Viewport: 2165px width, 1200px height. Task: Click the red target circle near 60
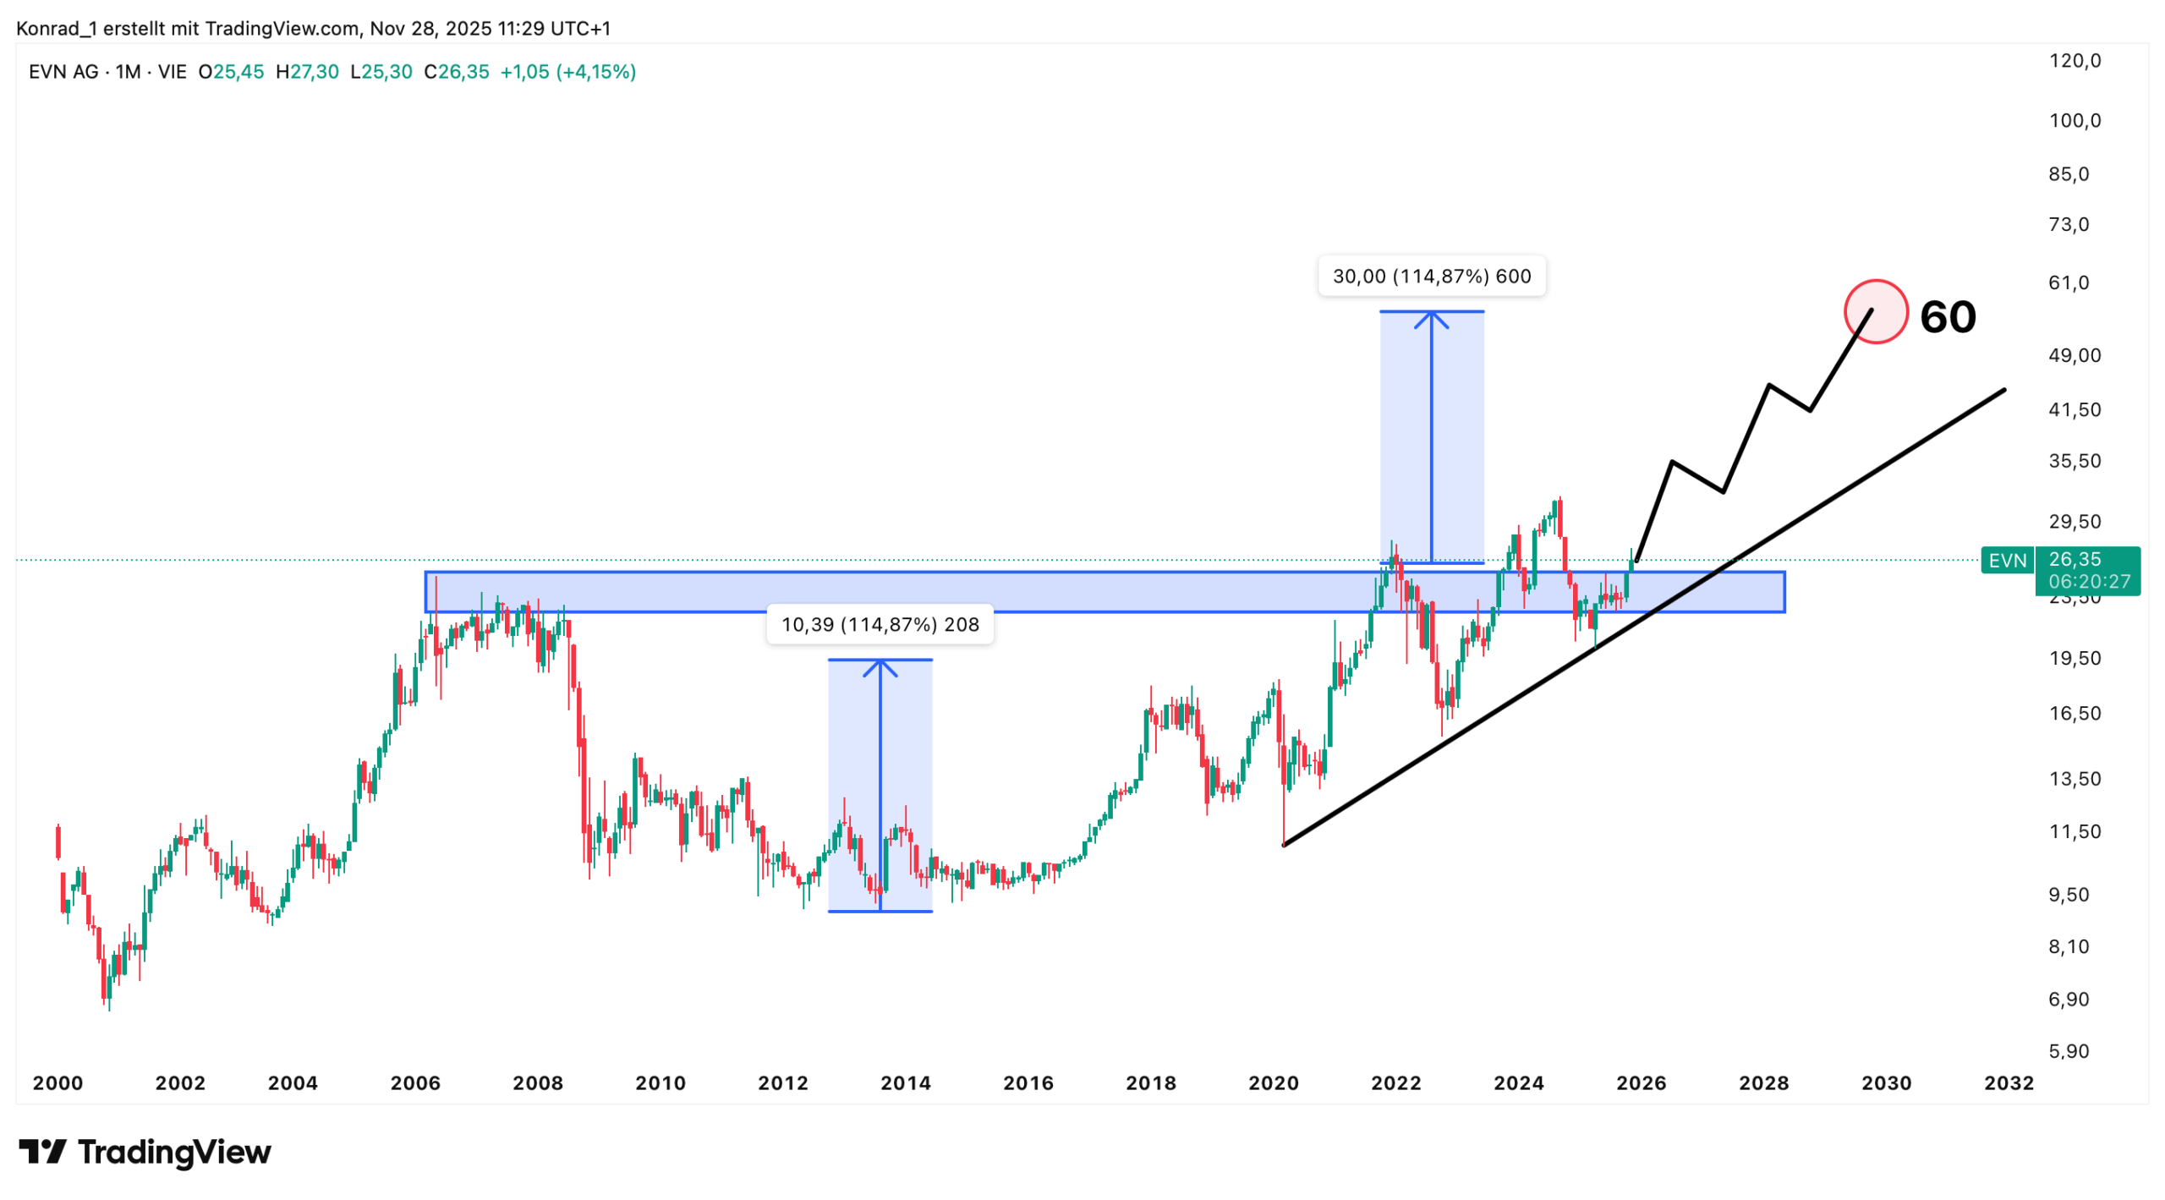[1875, 311]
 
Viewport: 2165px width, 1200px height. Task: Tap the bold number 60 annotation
[1947, 317]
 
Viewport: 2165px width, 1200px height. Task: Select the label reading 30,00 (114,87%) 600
[1431, 277]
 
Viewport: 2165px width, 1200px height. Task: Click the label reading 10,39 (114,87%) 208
[880, 624]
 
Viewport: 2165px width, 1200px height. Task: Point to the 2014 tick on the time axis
[905, 1082]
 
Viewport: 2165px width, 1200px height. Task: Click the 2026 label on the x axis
[1640, 1082]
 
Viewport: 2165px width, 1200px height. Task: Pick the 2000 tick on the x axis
[58, 1082]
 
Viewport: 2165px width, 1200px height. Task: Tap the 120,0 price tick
[2074, 61]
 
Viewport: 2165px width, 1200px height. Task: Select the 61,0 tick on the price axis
[2068, 282]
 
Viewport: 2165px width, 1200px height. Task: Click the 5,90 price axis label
[2068, 1050]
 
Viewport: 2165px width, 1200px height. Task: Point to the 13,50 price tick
[2074, 778]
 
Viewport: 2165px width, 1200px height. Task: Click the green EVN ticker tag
[2006, 561]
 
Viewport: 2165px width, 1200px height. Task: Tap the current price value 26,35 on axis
[2074, 559]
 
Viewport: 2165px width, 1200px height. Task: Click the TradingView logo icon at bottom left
[42, 1151]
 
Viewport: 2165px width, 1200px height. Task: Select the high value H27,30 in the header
[307, 72]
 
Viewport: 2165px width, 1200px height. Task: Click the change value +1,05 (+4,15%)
[567, 72]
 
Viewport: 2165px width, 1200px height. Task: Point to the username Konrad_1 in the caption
[55, 29]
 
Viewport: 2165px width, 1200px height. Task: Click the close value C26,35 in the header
[456, 72]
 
